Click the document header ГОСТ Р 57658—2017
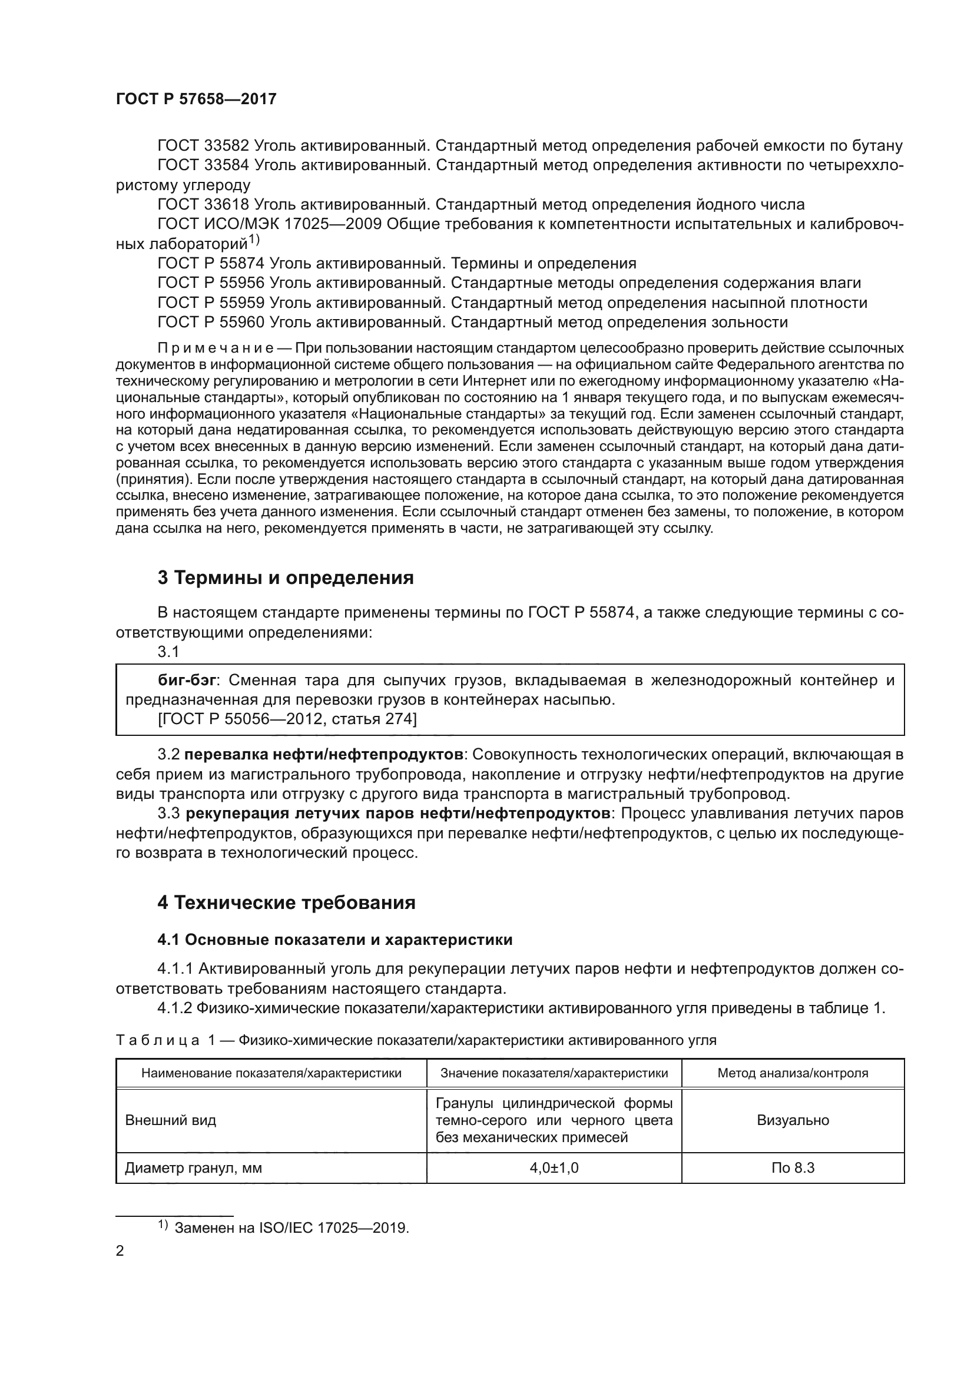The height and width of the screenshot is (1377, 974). click(x=196, y=99)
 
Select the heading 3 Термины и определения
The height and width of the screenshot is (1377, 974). click(x=286, y=578)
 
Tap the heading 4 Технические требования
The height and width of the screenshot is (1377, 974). click(x=286, y=902)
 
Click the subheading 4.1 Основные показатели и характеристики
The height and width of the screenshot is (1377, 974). click(x=334, y=939)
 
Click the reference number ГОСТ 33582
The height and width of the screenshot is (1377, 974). click(x=203, y=146)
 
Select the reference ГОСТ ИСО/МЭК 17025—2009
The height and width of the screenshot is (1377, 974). click(x=269, y=224)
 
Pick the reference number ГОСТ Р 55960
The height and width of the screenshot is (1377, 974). click(x=211, y=322)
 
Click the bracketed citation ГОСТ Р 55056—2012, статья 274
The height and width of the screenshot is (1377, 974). click(x=287, y=718)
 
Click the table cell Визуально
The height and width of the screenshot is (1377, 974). click(x=792, y=1120)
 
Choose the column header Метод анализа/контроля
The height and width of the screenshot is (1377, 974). click(x=792, y=1073)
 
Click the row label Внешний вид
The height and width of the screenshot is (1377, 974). click(x=170, y=1120)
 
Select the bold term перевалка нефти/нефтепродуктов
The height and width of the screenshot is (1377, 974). click(x=323, y=754)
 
